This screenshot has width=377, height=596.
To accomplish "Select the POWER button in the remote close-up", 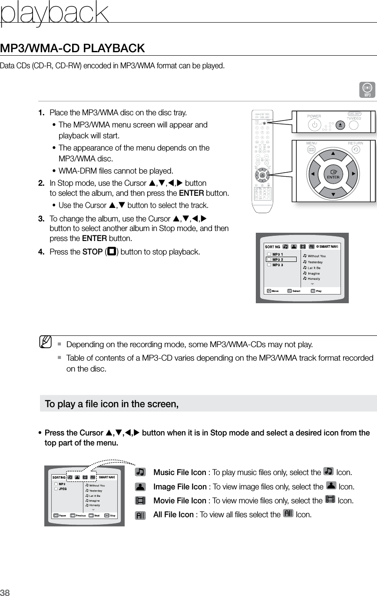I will pyautogui.click(x=314, y=124).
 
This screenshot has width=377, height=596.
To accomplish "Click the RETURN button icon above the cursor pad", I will pyautogui.click(x=356, y=150).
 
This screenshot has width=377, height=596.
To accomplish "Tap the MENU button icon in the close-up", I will pyautogui.click(x=311, y=150).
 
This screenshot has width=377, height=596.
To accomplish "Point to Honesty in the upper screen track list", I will pyautogui.click(x=314, y=278).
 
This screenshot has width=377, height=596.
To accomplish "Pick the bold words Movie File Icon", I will pyautogui.click(x=180, y=500).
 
